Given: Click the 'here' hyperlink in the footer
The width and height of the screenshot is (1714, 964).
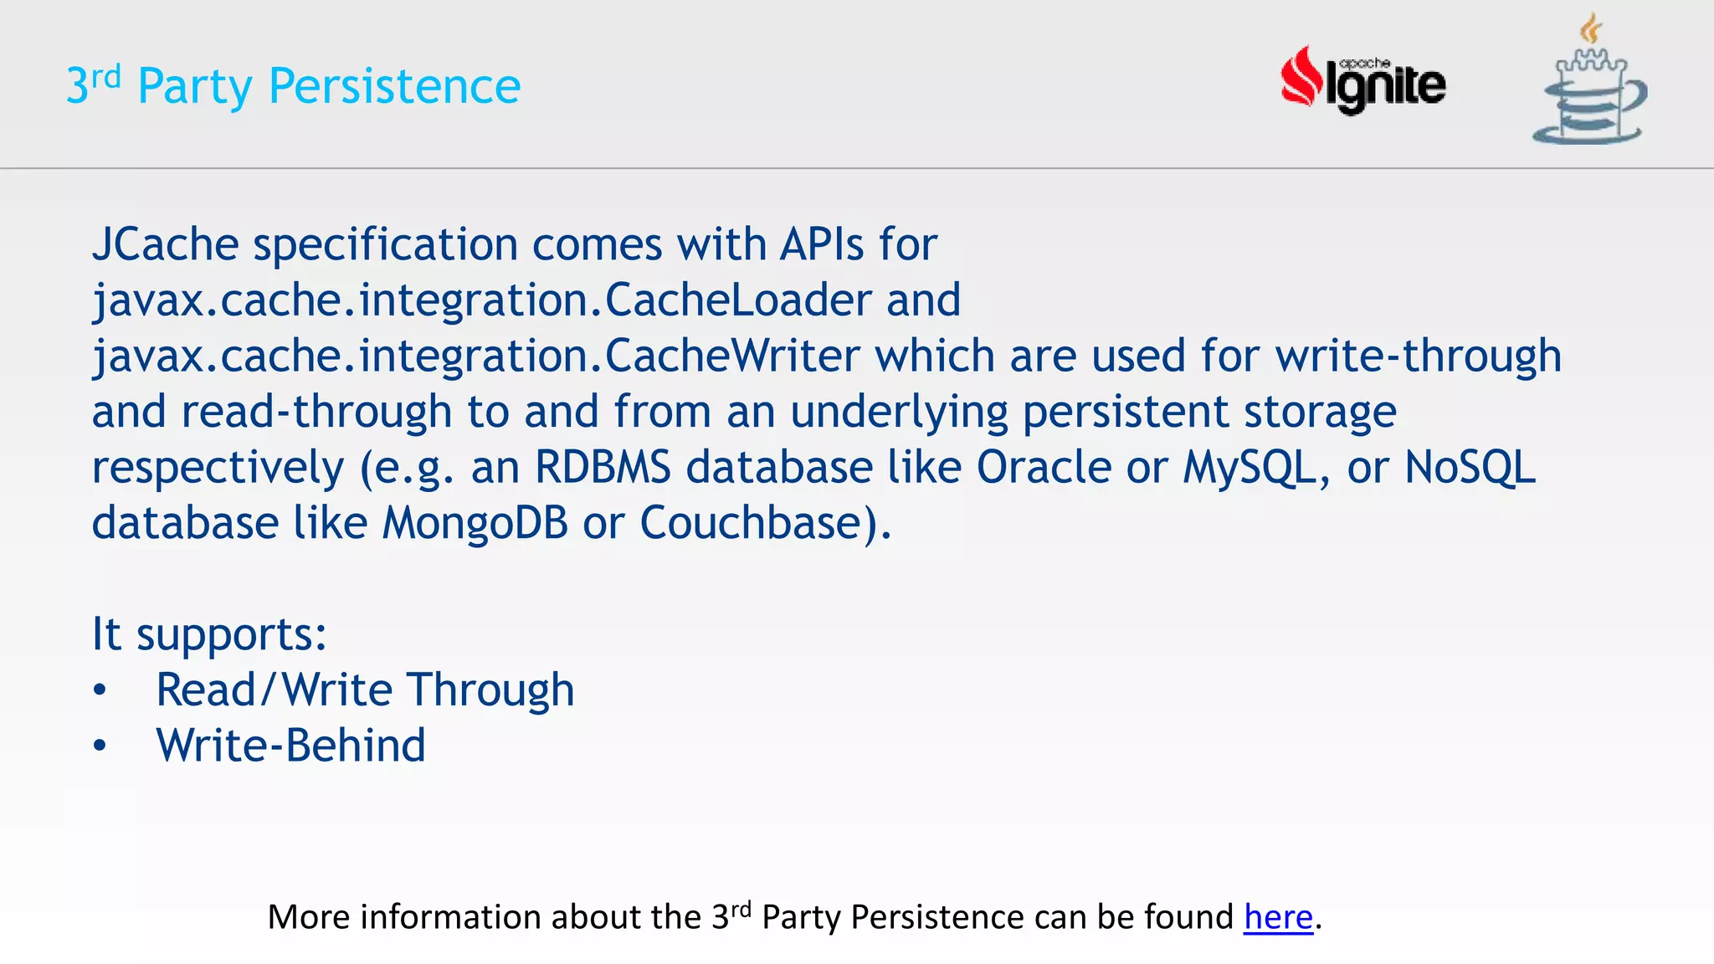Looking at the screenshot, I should coord(1278,917).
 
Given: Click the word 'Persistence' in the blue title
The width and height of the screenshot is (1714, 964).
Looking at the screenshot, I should coord(394,86).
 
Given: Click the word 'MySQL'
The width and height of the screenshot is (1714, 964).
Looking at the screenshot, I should coord(1251,467).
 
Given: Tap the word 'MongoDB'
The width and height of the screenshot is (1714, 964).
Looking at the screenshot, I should coord(475,523).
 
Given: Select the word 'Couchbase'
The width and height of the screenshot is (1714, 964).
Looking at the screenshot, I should coord(751,523).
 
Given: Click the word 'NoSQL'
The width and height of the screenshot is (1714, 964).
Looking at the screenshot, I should coord(1470,467).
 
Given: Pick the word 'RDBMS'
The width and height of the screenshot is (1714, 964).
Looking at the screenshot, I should coord(603,467).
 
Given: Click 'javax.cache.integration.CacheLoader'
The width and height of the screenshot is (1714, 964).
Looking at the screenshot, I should coord(481,300).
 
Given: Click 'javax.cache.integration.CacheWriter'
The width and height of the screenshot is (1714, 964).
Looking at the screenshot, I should coord(475,356).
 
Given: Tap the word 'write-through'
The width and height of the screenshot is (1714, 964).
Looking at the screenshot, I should coord(1418,356).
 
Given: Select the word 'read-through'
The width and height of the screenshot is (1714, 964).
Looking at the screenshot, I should coord(316,412).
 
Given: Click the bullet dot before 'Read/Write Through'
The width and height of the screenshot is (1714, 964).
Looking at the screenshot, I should coord(100,690).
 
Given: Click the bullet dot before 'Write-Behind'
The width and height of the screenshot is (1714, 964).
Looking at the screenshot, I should coord(100,746).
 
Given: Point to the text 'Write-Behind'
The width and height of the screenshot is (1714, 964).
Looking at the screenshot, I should coord(290,746).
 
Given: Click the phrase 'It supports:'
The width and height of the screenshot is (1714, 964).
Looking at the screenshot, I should coord(208,634).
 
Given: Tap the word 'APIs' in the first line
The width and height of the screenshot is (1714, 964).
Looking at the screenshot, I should coord(822,245).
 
